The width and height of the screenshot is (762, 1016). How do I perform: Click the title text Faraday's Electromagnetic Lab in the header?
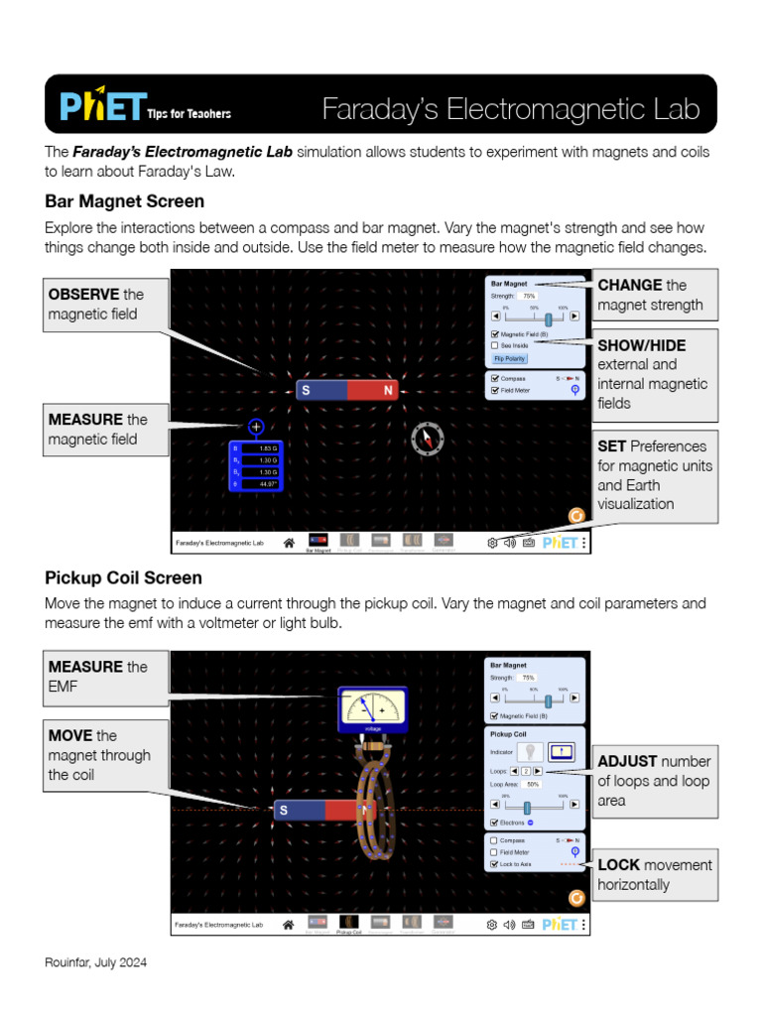tap(511, 109)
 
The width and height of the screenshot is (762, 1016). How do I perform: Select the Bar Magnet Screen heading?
tap(124, 201)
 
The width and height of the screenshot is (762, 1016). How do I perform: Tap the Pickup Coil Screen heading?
tap(123, 577)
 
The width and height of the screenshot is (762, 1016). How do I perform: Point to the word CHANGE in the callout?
tap(630, 285)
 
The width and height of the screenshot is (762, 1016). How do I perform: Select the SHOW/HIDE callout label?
tap(642, 345)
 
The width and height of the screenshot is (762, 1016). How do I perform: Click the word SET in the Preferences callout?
tap(611, 445)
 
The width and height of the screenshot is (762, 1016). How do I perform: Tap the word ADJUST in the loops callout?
tap(627, 761)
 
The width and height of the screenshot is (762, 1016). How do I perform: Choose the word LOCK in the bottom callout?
tap(617, 865)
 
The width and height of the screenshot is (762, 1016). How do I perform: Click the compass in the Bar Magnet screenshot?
tap(428, 439)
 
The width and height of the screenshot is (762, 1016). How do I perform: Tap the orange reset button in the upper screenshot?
tap(575, 516)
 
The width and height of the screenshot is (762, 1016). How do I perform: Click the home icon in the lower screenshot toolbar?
tap(289, 924)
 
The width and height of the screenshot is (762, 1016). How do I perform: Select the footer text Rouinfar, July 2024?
tap(95, 963)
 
